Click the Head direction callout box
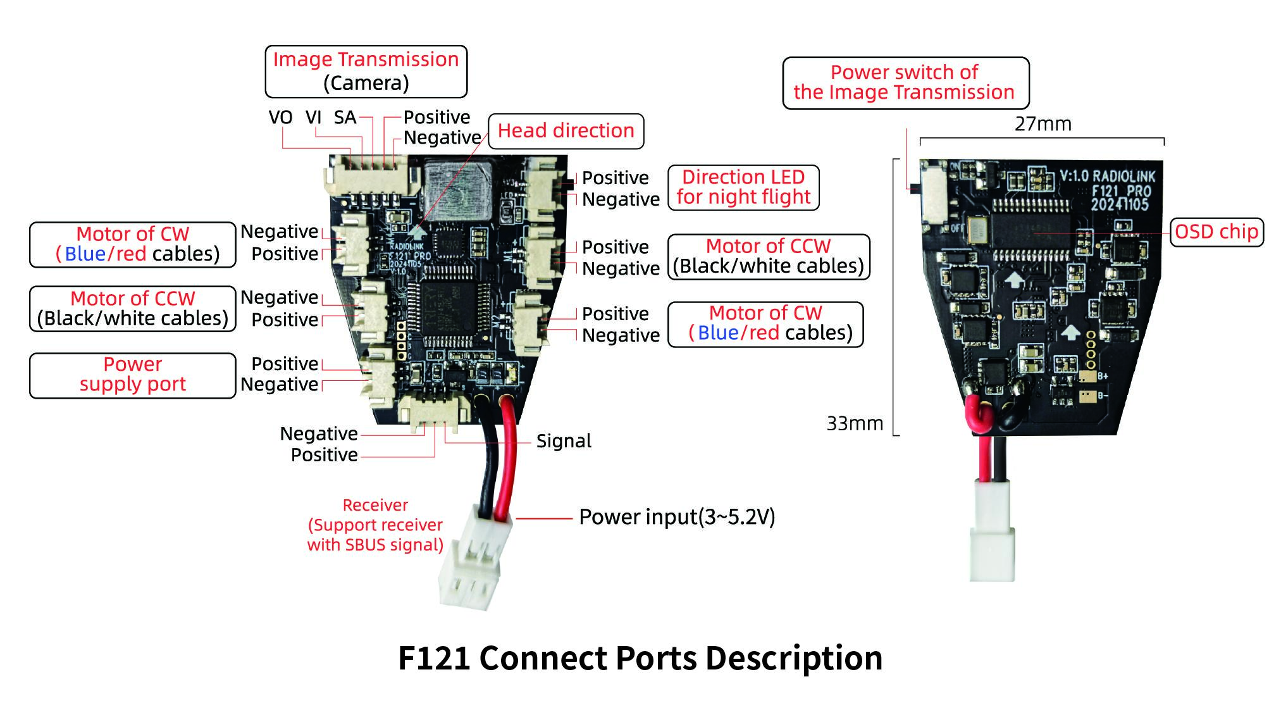(566, 131)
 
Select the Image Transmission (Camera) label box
(366, 71)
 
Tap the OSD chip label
(1216, 232)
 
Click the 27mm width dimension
(1043, 124)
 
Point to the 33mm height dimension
(855, 423)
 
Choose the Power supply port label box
(133, 375)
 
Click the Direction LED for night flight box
(743, 187)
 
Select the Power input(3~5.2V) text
(676, 517)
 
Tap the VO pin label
(280, 118)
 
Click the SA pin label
(345, 118)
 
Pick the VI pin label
(313, 118)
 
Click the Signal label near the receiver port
(564, 441)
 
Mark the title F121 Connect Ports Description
(640, 658)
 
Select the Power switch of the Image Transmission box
(905, 83)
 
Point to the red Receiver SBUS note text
(375, 525)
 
